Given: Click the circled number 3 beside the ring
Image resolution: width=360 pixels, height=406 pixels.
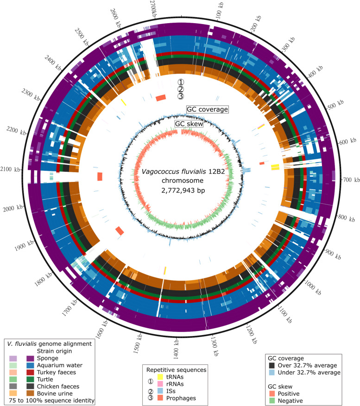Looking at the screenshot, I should [181, 97].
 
